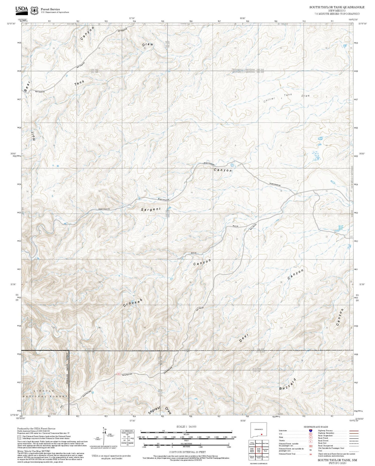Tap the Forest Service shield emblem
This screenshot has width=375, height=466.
pyautogui.click(x=34, y=10)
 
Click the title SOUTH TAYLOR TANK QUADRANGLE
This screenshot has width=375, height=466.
pyautogui.click(x=337, y=7)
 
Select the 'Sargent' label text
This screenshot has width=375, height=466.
pyautogui.click(x=151, y=209)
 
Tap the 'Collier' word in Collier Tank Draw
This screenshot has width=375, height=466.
pyautogui.click(x=269, y=99)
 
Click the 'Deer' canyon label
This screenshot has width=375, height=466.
pyautogui.click(x=244, y=338)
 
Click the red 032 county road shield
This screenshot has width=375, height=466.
pyautogui.click(x=119, y=374)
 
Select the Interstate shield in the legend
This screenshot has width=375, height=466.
pyautogui.click(x=310, y=431)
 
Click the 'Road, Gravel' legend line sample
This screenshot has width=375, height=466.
pyautogui.click(x=352, y=441)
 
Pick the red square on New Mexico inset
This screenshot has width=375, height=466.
pyautogui.click(x=261, y=434)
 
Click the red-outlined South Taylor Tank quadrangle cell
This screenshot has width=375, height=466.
pyautogui.click(x=259, y=450)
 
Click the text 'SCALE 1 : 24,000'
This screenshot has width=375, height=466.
pyautogui.click(x=186, y=426)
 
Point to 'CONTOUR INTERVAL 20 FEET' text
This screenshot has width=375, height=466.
pyautogui.click(x=187, y=452)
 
